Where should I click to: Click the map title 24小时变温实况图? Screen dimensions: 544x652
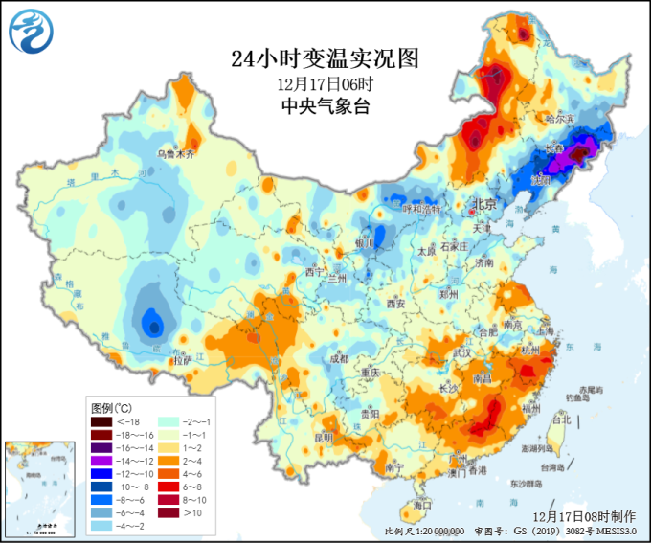click(325, 58)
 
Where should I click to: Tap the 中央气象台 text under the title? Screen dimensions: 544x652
click(325, 107)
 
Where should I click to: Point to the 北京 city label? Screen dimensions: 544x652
click(483, 205)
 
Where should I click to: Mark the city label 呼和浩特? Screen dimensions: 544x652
click(420, 208)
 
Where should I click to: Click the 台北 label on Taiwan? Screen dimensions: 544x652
click(562, 419)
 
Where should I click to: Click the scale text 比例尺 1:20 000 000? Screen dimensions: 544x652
click(423, 531)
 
